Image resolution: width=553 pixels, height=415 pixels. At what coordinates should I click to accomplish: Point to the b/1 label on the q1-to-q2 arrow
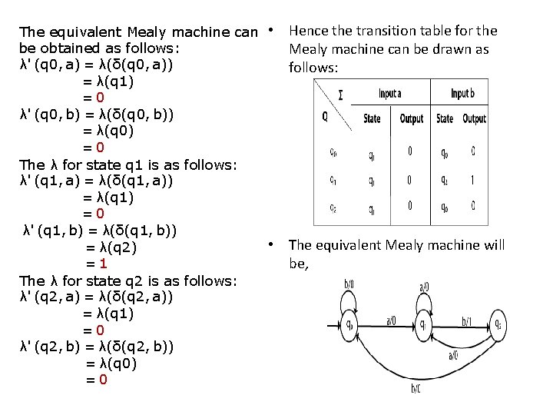[x=465, y=320]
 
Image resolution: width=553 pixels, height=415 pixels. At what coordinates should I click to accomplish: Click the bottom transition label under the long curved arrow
[x=416, y=389]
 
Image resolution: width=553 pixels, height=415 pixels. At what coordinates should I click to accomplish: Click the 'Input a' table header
[x=391, y=94]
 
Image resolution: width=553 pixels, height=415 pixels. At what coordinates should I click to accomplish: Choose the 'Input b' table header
[x=463, y=94]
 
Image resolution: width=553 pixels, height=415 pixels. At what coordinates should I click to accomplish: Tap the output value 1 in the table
[x=473, y=180]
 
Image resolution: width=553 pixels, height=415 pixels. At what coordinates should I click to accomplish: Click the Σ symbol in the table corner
[x=340, y=96]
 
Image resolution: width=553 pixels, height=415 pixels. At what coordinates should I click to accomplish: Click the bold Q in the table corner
[x=326, y=118]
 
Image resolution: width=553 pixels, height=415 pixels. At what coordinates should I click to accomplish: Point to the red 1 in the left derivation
[x=91, y=263]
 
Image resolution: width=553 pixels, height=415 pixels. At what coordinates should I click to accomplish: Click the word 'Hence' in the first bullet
[x=307, y=32]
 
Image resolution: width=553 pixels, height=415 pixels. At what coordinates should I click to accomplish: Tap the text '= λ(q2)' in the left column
[x=111, y=247]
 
